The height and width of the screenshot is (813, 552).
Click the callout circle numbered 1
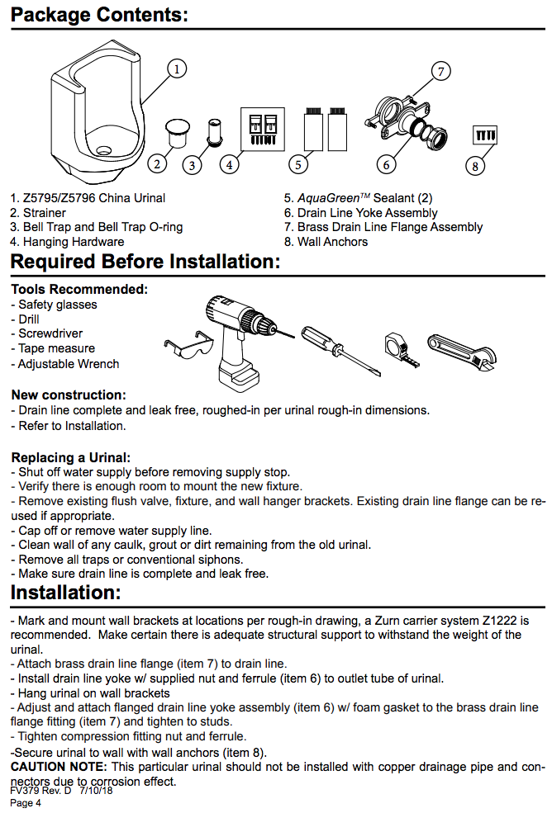176,69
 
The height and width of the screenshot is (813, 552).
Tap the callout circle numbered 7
441,72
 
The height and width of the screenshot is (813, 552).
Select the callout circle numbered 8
474,166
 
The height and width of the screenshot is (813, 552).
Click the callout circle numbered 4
230,164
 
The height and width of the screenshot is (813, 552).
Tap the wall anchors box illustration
483,134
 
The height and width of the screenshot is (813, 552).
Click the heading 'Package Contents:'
99,15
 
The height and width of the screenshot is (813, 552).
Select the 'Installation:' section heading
66,593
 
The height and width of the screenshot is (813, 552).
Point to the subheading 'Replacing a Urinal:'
71,457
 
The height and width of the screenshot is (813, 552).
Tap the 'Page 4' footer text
26,803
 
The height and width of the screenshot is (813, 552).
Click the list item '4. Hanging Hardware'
67,242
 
